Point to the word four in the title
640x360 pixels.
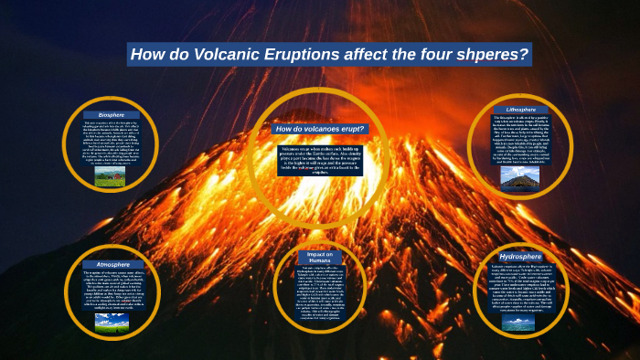pos(428,55)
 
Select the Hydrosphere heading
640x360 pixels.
pos(520,259)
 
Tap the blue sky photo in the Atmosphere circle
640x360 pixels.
pos(112,322)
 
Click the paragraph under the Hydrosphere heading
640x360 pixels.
pos(520,289)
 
